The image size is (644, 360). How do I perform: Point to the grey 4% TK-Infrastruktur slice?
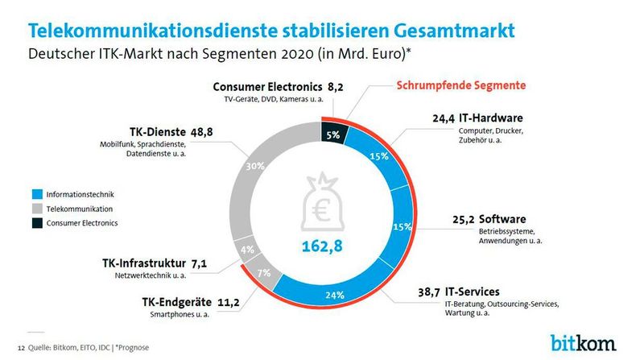(246, 249)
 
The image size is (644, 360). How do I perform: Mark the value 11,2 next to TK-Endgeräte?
(201, 302)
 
